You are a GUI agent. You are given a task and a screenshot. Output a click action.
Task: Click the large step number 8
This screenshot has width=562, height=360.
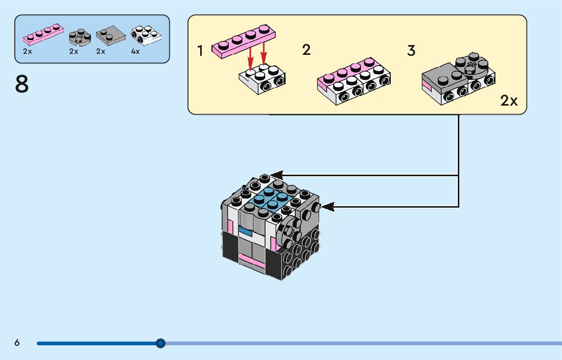click(x=22, y=84)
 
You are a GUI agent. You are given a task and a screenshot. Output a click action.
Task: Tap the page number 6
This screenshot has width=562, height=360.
click(x=17, y=343)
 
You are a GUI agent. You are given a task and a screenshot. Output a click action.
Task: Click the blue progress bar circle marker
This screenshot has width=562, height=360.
click(x=161, y=343)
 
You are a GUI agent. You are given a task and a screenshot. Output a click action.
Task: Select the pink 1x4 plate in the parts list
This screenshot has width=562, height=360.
click(x=44, y=36)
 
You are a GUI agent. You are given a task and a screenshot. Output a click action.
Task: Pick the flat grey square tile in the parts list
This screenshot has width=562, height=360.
click(x=111, y=35)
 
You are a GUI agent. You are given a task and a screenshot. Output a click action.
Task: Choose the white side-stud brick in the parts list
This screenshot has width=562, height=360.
click(x=145, y=35)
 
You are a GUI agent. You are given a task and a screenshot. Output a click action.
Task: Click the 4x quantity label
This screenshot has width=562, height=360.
click(x=135, y=51)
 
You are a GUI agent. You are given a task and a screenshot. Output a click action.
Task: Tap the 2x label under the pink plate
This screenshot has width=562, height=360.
click(x=27, y=51)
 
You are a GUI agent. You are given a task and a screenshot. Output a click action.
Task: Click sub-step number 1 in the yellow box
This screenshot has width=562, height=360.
click(x=201, y=51)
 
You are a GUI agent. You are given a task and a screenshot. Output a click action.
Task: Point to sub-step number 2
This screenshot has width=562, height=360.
click(x=306, y=50)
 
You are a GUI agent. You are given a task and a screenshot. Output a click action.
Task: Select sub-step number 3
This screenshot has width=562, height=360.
click(x=412, y=51)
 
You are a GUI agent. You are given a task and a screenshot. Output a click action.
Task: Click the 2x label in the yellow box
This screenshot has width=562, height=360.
click(x=509, y=101)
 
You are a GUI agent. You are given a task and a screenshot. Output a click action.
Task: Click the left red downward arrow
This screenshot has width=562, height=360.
click(x=251, y=55)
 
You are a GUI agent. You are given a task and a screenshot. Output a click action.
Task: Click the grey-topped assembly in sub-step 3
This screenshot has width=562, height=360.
click(x=457, y=79)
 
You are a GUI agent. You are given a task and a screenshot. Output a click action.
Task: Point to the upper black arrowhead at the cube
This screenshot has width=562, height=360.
click(x=275, y=175)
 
